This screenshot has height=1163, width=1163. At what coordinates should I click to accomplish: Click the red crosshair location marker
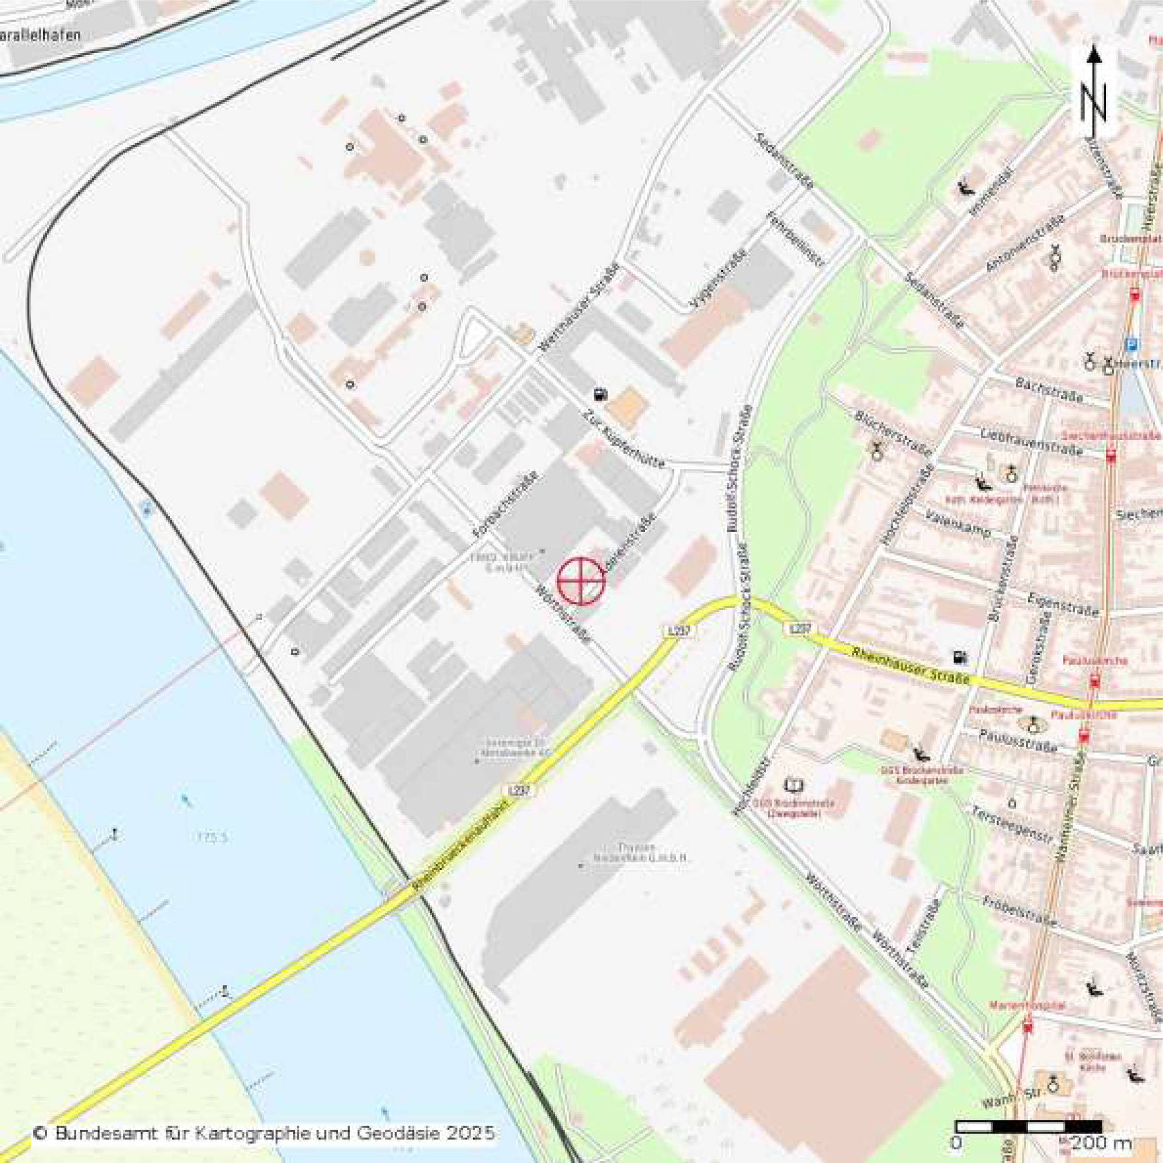tap(581, 581)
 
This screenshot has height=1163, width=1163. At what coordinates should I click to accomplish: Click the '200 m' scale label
tap(1101, 1144)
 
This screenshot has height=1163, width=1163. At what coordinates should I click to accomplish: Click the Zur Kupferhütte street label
tap(624, 438)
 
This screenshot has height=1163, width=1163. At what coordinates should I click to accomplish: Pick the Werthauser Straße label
tap(579, 307)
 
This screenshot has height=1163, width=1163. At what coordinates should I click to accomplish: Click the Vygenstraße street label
tap(719, 280)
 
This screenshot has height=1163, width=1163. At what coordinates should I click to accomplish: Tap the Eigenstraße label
tap(1062, 604)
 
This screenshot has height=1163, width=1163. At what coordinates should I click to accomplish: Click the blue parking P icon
tap(1131, 344)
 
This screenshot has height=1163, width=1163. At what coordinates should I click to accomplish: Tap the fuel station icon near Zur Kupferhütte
tap(601, 394)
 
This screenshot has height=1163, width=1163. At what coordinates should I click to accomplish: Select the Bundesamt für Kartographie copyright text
tap(264, 1132)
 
